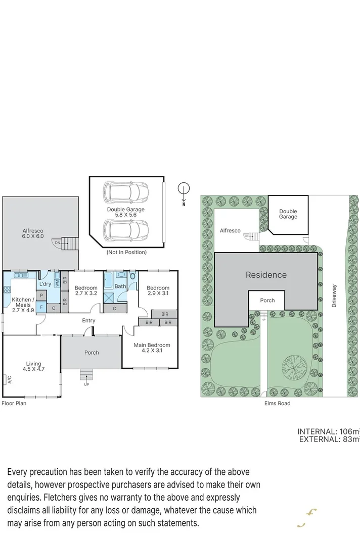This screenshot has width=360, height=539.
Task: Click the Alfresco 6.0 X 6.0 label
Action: pos(33,233)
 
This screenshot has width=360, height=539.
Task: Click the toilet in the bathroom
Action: pos(132,276)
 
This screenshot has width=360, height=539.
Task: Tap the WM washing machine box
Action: pos(57,283)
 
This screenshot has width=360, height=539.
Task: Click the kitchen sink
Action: pos(21,275)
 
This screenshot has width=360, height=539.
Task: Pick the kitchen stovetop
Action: pos(8,289)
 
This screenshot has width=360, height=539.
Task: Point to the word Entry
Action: pos(88,320)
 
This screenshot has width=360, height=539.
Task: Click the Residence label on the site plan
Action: pos(266,275)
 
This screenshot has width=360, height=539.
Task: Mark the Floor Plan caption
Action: pos(14,403)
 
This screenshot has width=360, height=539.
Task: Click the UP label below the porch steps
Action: pos(86,384)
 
